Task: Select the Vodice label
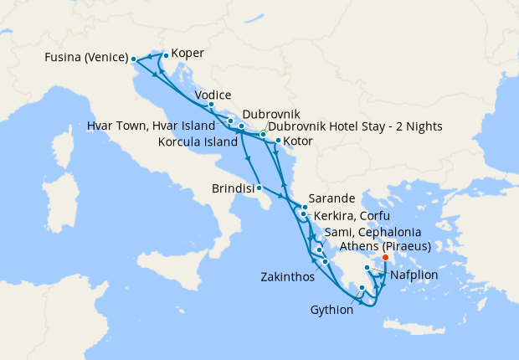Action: coord(213,95)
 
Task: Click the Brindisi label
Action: coord(232,189)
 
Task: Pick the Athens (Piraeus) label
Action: coord(385,246)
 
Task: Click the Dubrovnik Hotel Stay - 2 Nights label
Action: coord(356,126)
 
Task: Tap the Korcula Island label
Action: coord(195,141)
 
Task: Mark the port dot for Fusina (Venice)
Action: coord(133,59)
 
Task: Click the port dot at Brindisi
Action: coord(259,188)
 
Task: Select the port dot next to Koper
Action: coord(166,56)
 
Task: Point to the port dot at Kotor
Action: coord(278,141)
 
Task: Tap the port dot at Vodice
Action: coord(211,105)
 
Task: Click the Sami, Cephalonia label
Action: coord(366,231)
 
